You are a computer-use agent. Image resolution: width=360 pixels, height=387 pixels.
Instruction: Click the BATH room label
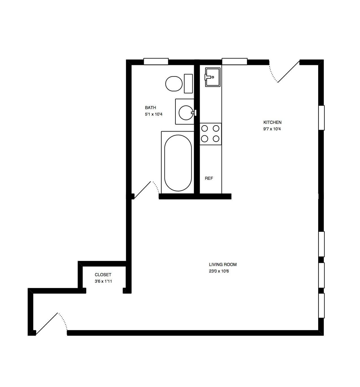[150, 108]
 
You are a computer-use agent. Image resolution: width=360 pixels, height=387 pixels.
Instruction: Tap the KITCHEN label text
[272, 122]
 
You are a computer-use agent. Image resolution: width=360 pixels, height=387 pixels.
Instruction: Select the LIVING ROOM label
[223, 264]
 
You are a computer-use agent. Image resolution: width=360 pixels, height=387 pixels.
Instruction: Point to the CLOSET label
[103, 274]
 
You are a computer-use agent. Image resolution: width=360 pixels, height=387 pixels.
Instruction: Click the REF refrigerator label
[209, 178]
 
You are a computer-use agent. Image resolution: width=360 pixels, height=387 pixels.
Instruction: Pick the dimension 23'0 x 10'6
[219, 271]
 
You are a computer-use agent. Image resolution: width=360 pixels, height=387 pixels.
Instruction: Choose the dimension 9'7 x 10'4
[272, 129]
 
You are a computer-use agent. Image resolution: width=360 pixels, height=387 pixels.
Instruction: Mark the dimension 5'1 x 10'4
[153, 114]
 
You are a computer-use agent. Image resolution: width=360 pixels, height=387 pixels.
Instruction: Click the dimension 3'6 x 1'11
[103, 281]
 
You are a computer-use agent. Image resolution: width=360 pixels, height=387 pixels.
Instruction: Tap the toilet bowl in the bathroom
[174, 84]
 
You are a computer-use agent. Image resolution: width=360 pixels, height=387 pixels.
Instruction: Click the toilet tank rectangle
[188, 84]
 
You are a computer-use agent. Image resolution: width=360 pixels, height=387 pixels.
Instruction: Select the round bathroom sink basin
[186, 113]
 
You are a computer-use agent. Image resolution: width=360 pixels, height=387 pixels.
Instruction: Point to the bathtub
[178, 163]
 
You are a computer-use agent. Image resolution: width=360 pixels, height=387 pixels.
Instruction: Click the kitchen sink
[212, 77]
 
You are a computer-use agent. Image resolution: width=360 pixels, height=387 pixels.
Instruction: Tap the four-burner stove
[211, 134]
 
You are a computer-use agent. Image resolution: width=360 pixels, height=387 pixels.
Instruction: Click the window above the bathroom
[156, 61]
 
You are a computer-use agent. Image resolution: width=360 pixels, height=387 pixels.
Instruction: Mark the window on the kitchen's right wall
[322, 118]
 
